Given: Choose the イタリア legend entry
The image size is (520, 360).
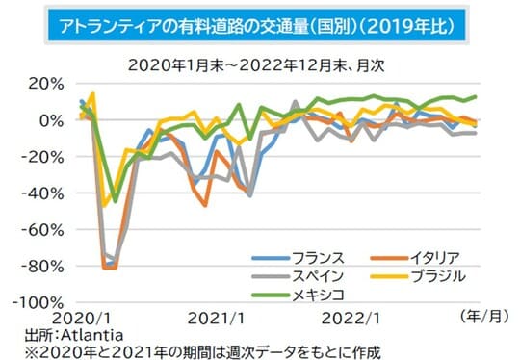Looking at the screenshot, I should tap(425, 257).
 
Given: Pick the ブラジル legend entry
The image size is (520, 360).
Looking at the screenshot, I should tap(425, 275).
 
